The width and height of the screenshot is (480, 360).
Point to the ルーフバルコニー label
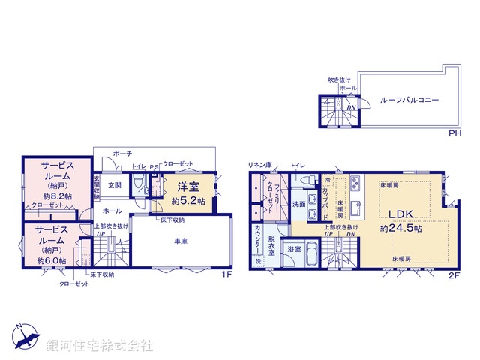coord(409,99)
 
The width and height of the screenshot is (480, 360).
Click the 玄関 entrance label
coord(114,184)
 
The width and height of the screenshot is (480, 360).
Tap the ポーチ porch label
coord(122,153)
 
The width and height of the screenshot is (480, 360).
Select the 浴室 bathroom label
coord(294,248)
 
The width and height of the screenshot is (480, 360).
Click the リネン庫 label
coord(259,164)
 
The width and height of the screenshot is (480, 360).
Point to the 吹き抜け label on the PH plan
coord(339,79)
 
